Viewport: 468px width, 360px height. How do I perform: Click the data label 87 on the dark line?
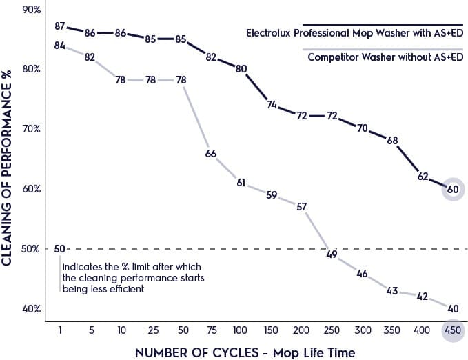pos(60,27)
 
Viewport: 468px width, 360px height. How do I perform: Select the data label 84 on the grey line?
pos(60,46)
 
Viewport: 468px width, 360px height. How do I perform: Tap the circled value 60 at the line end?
pos(452,189)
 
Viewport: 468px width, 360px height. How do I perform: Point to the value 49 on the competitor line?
pos(332,254)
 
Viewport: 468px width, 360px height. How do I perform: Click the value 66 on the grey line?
pos(212,153)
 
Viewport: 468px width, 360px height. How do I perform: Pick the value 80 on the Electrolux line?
pos(241,69)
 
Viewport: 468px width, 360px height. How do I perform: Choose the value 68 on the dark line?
pos(392,141)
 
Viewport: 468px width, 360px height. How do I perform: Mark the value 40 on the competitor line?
pos(452,308)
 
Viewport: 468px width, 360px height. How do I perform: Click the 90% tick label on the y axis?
pos(32,10)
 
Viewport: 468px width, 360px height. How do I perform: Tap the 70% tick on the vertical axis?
pos(32,129)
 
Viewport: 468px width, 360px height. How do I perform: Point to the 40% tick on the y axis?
pos(32,308)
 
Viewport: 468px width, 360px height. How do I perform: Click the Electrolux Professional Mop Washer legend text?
pos(354,32)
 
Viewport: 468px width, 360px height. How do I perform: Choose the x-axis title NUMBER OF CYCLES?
pos(245,352)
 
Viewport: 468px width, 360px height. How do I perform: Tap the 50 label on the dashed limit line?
pos(60,249)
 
